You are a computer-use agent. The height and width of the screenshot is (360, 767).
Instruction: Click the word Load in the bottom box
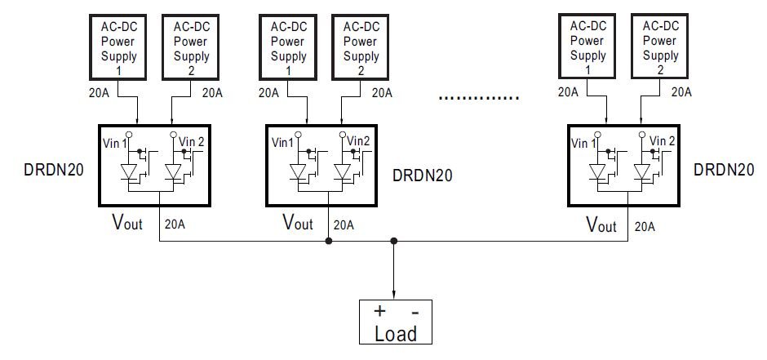point(395,333)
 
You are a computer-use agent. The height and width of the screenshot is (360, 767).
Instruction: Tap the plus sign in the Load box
point(379,312)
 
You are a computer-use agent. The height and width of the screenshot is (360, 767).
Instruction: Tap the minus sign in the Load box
point(415,312)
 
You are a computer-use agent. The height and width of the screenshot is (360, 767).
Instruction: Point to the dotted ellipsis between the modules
point(478,98)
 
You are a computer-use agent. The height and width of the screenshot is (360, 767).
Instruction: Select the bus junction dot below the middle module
point(328,241)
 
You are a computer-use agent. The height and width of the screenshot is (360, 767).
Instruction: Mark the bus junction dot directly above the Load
point(395,241)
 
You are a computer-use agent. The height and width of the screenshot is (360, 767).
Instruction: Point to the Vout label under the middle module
point(297,221)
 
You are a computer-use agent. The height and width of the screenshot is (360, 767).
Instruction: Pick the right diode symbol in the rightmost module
point(643,172)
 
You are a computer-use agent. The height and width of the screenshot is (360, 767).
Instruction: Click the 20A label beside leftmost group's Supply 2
point(211,92)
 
